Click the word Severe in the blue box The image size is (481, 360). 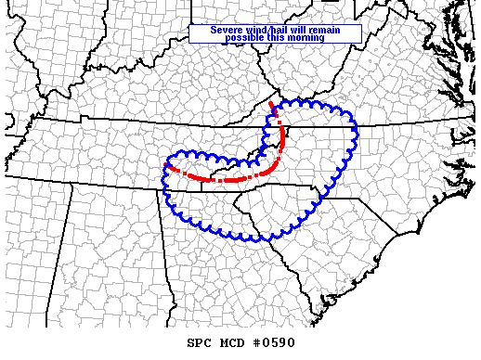click(x=227, y=30)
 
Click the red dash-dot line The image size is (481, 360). click(x=232, y=178)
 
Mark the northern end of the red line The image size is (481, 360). click(x=270, y=103)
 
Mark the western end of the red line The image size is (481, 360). click(x=165, y=165)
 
